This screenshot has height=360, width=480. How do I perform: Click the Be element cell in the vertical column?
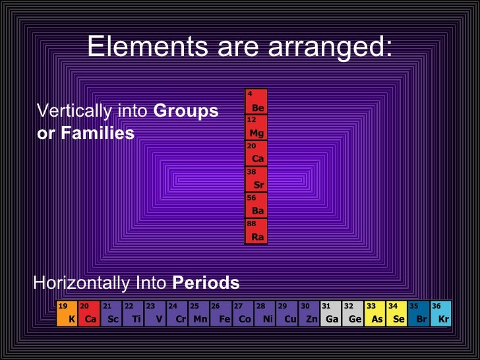pos(256,102)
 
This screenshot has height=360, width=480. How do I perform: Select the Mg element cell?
pos(256,127)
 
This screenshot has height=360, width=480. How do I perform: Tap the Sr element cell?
pos(256,179)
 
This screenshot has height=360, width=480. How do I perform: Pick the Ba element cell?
pos(256,206)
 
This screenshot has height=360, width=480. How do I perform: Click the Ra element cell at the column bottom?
pos(256,231)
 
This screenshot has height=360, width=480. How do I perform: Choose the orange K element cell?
pos(67,313)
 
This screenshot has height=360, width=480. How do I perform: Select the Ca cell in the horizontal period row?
pos(89,313)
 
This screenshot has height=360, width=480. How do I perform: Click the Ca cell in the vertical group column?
pos(256,154)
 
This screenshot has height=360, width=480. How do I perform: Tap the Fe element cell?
pos(220,313)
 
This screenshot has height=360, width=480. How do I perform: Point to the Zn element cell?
pos(309,313)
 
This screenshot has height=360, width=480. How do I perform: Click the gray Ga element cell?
pos(330,313)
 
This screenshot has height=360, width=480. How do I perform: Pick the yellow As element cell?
pos(375,313)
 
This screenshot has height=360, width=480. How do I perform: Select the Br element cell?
pos(419,313)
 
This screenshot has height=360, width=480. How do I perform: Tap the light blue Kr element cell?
pos(440,313)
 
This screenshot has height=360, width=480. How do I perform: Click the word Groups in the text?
pos(185,111)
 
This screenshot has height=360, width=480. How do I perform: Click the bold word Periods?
pos(206,284)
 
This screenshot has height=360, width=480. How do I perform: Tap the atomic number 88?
pos(252,224)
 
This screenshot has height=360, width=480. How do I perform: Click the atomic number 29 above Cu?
pos(282,306)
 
